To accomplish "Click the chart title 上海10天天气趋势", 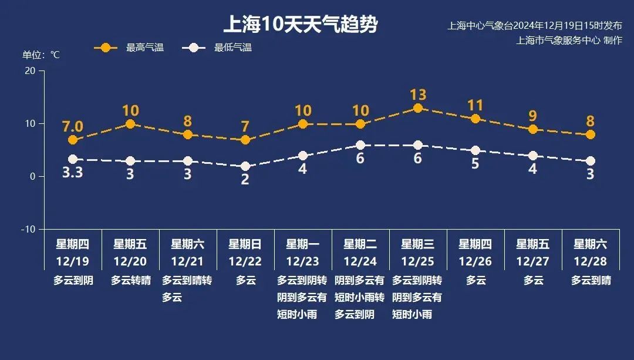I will click(x=300, y=25).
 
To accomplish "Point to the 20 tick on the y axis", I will click(x=29, y=70).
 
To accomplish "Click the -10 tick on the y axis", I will click(x=28, y=229).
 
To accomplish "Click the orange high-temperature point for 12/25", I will click(x=417, y=108).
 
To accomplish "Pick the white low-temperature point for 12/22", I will click(x=245, y=166).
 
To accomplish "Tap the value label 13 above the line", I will click(x=417, y=95).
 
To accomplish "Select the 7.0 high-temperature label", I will click(x=72, y=127).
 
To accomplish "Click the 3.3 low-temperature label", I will click(x=72, y=174).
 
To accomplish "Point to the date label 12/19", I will click(x=72, y=261).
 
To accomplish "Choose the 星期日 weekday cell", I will click(x=245, y=244).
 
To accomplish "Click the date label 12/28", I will click(x=590, y=261).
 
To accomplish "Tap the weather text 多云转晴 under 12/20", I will click(x=130, y=280).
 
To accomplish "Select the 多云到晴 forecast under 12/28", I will click(x=590, y=280).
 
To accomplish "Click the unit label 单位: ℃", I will click(x=41, y=55).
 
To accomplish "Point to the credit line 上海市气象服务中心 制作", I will click(x=568, y=41).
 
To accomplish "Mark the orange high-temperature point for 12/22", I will click(x=245, y=140).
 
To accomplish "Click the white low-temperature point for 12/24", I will click(x=360, y=145).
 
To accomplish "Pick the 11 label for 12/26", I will click(x=475, y=106).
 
